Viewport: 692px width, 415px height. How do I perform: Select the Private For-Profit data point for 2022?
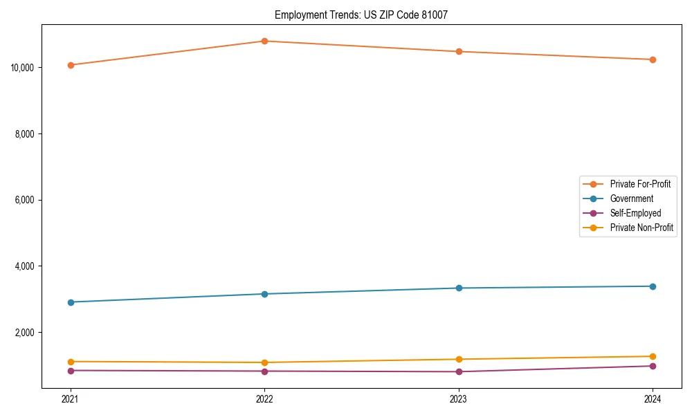264,41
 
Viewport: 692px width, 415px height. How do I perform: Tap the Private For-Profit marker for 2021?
70,65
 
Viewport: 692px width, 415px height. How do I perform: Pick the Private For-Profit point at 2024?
653,59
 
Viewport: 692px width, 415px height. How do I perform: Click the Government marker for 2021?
70,302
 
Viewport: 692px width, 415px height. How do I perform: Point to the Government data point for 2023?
459,288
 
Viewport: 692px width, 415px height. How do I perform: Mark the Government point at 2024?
653,286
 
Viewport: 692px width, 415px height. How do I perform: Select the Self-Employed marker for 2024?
653,366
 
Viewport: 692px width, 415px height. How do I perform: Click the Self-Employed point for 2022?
264,371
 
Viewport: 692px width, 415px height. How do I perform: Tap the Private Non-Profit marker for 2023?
459,359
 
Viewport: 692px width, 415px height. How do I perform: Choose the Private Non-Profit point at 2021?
70,362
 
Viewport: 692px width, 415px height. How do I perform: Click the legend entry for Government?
631,199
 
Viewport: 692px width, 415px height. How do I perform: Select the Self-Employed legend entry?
635,213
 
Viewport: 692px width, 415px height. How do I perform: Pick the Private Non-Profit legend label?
641,228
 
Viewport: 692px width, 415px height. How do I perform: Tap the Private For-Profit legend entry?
639,184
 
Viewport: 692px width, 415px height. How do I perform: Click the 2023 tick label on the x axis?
459,399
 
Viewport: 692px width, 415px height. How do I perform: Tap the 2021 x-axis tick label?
70,399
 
